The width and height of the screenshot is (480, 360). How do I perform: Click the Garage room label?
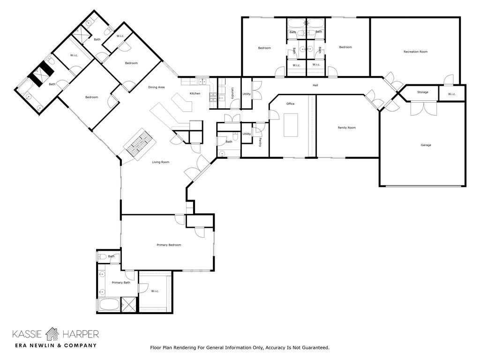point(426,145)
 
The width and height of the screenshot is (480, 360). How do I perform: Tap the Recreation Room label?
point(415,52)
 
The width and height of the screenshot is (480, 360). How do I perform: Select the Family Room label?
point(347,127)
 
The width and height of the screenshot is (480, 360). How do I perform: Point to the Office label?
point(290,104)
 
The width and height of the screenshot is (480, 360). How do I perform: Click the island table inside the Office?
point(291,125)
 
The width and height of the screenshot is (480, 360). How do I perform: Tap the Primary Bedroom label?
point(169,245)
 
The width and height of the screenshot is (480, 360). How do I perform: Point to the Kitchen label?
point(195,94)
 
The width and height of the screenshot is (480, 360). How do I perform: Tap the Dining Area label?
point(156,87)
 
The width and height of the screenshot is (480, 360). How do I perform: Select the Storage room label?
point(422,92)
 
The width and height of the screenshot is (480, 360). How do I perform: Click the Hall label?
point(315,85)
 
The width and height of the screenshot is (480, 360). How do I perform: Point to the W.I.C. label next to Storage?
point(451,94)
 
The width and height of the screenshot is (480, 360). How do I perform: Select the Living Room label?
point(160,162)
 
